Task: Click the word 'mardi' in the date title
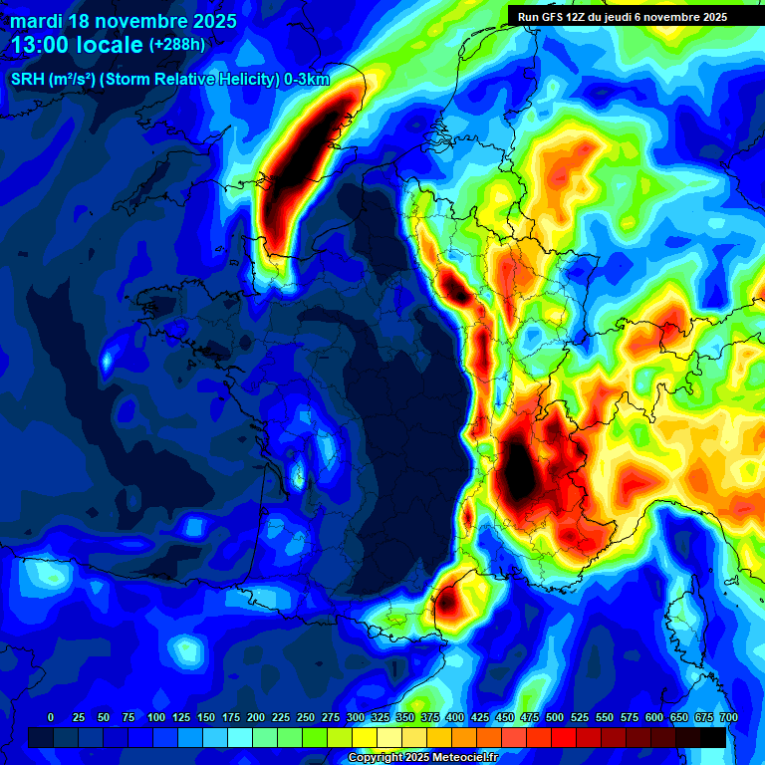[x=37, y=21]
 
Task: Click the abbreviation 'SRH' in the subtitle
[x=28, y=80]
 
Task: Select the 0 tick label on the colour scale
[x=51, y=717]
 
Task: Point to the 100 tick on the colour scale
[x=156, y=717]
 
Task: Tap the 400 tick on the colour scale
[x=455, y=717]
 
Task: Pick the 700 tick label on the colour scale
[x=728, y=717]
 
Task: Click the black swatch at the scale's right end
[x=713, y=736]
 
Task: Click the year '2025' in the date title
[x=209, y=21]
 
